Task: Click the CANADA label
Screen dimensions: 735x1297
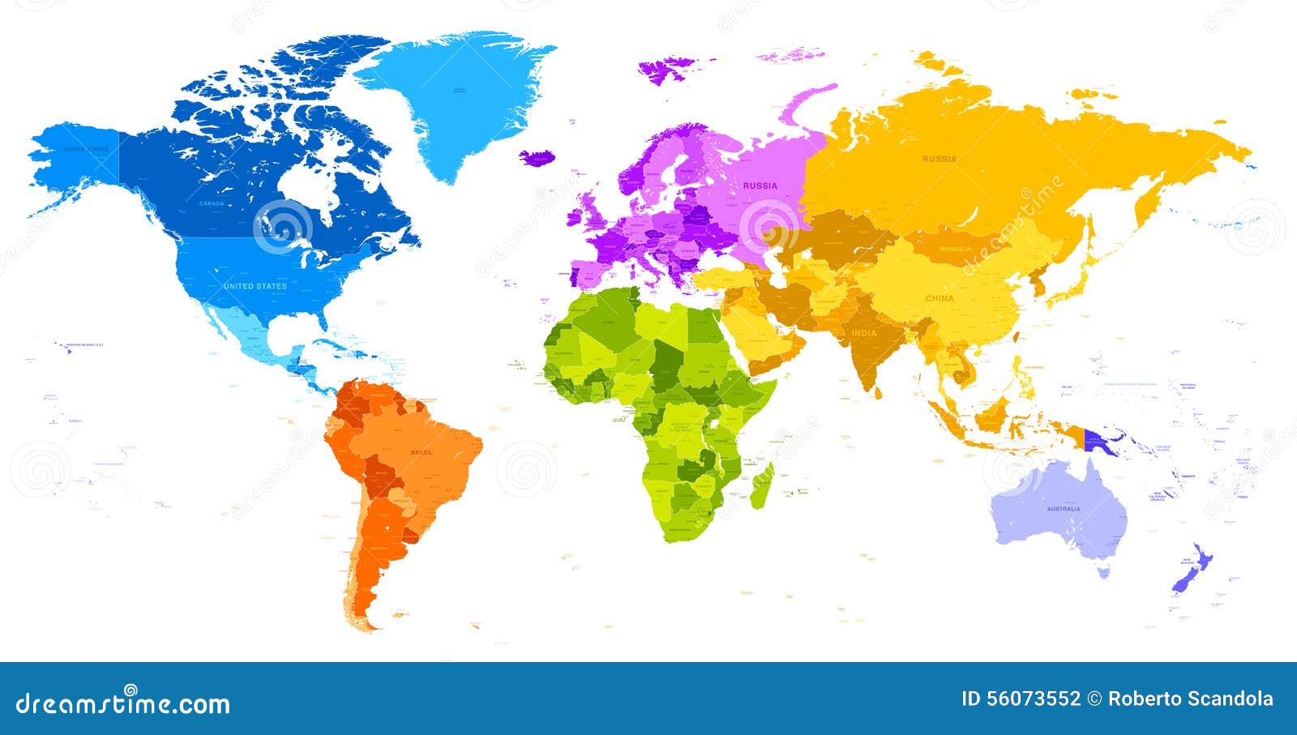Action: (x=212, y=203)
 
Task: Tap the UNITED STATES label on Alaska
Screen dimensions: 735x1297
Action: (x=85, y=149)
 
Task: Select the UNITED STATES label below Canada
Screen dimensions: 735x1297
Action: (x=255, y=286)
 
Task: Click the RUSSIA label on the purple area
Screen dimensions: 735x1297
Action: (x=760, y=186)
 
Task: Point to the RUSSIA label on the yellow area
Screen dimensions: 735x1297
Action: (x=939, y=159)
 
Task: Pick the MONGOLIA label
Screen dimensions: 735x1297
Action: (x=955, y=249)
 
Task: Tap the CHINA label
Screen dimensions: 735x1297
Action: (x=940, y=298)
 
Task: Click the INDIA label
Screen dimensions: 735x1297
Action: (x=863, y=333)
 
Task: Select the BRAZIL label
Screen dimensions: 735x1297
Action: (x=422, y=452)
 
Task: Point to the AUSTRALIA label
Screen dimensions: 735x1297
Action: (x=1063, y=509)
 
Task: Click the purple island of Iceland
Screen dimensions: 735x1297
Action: (x=535, y=157)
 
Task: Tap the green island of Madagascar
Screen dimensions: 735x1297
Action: (x=761, y=485)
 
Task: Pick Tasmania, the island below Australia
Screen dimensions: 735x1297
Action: (x=1102, y=572)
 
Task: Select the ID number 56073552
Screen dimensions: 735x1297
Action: (x=1021, y=699)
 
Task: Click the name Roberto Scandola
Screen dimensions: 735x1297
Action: (x=1190, y=699)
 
